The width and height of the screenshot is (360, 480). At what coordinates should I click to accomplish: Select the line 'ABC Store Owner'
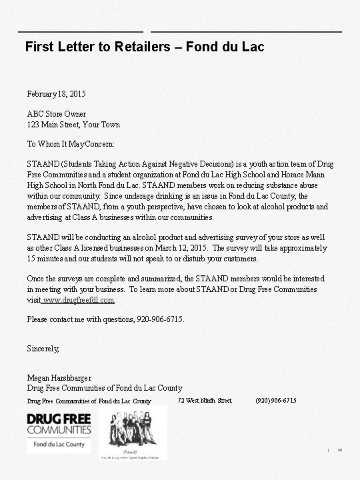click(57, 114)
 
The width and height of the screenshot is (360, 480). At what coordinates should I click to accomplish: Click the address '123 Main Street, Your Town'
click(73, 125)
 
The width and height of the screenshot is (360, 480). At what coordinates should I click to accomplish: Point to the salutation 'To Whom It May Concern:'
click(71, 143)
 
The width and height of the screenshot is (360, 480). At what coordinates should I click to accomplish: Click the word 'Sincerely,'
click(43, 349)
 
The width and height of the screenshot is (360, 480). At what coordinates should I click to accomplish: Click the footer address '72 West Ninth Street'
click(205, 400)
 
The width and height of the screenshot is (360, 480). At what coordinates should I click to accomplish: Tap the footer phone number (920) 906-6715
click(276, 400)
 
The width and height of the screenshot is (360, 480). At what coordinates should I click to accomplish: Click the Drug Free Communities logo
click(59, 424)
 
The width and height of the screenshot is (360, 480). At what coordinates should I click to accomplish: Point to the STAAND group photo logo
click(133, 431)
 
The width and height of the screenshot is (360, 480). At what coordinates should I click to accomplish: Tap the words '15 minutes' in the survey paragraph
click(45, 258)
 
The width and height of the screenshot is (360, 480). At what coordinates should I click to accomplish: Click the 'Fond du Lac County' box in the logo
click(59, 445)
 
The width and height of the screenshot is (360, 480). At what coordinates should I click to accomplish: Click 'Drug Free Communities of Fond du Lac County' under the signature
click(105, 388)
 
